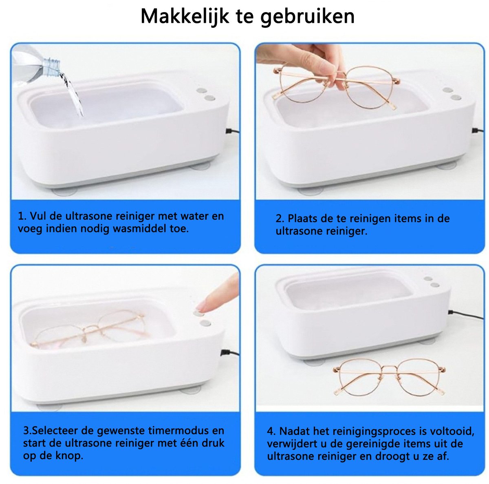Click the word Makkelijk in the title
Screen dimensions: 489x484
tap(185, 16)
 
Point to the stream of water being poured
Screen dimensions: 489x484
tap(73, 94)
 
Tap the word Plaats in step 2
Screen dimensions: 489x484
tap(302, 219)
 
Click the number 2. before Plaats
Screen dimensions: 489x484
tap(280, 219)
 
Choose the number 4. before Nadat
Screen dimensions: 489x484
tap(271, 431)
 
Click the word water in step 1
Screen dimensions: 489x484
tap(194, 216)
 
